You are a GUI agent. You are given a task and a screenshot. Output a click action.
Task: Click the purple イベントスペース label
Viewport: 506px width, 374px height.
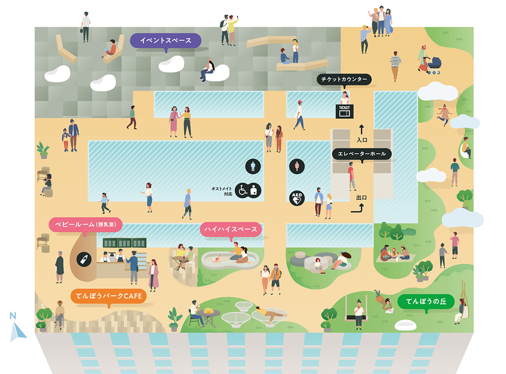[166, 41]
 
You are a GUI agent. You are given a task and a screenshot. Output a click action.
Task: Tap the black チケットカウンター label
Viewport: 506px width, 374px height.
[343, 79]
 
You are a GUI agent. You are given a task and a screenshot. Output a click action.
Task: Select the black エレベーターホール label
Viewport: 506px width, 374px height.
[362, 154]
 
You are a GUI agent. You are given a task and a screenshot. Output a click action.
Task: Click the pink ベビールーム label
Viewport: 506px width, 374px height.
[85, 225]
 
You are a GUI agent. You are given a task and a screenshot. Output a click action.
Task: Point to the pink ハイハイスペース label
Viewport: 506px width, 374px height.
[231, 229]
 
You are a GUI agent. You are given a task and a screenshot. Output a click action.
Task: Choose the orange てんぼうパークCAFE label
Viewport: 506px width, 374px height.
[109, 297]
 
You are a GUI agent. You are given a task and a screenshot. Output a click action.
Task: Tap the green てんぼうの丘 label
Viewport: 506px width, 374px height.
[425, 301]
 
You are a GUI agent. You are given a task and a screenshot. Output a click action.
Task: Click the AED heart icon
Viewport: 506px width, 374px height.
[296, 198]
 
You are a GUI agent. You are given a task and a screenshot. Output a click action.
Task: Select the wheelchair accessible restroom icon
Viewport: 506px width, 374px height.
[242, 190]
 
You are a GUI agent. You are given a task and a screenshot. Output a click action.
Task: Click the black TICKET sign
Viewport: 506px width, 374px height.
[344, 111]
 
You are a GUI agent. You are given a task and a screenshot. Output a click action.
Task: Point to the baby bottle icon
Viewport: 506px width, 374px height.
[84, 259]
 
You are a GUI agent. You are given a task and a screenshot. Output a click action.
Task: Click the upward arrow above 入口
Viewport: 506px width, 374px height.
[361, 130]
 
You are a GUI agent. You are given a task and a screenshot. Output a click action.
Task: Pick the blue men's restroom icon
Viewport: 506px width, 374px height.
[253, 166]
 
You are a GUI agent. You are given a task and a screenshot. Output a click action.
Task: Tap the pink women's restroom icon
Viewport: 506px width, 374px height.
[296, 167]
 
